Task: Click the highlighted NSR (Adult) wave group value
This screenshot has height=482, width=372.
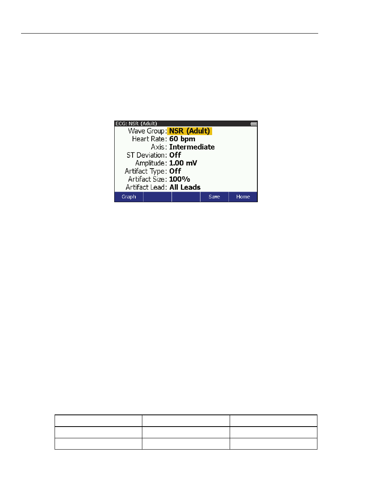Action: (x=190, y=131)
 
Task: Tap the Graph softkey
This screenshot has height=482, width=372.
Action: (x=129, y=197)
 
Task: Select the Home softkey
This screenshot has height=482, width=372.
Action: (x=243, y=197)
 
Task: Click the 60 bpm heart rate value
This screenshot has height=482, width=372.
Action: (x=182, y=139)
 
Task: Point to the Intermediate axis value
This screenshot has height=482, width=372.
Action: (x=192, y=147)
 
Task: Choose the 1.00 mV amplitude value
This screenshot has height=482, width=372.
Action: (x=183, y=163)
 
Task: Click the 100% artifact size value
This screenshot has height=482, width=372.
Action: (x=179, y=179)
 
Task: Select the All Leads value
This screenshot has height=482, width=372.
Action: (x=185, y=187)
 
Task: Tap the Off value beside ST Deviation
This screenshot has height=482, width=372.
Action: (x=175, y=155)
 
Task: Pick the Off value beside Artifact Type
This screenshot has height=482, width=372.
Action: (x=175, y=171)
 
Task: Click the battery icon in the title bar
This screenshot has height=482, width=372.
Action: (x=254, y=124)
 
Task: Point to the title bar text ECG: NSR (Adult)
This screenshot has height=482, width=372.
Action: (x=136, y=124)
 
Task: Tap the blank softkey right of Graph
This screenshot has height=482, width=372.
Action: (x=157, y=197)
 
